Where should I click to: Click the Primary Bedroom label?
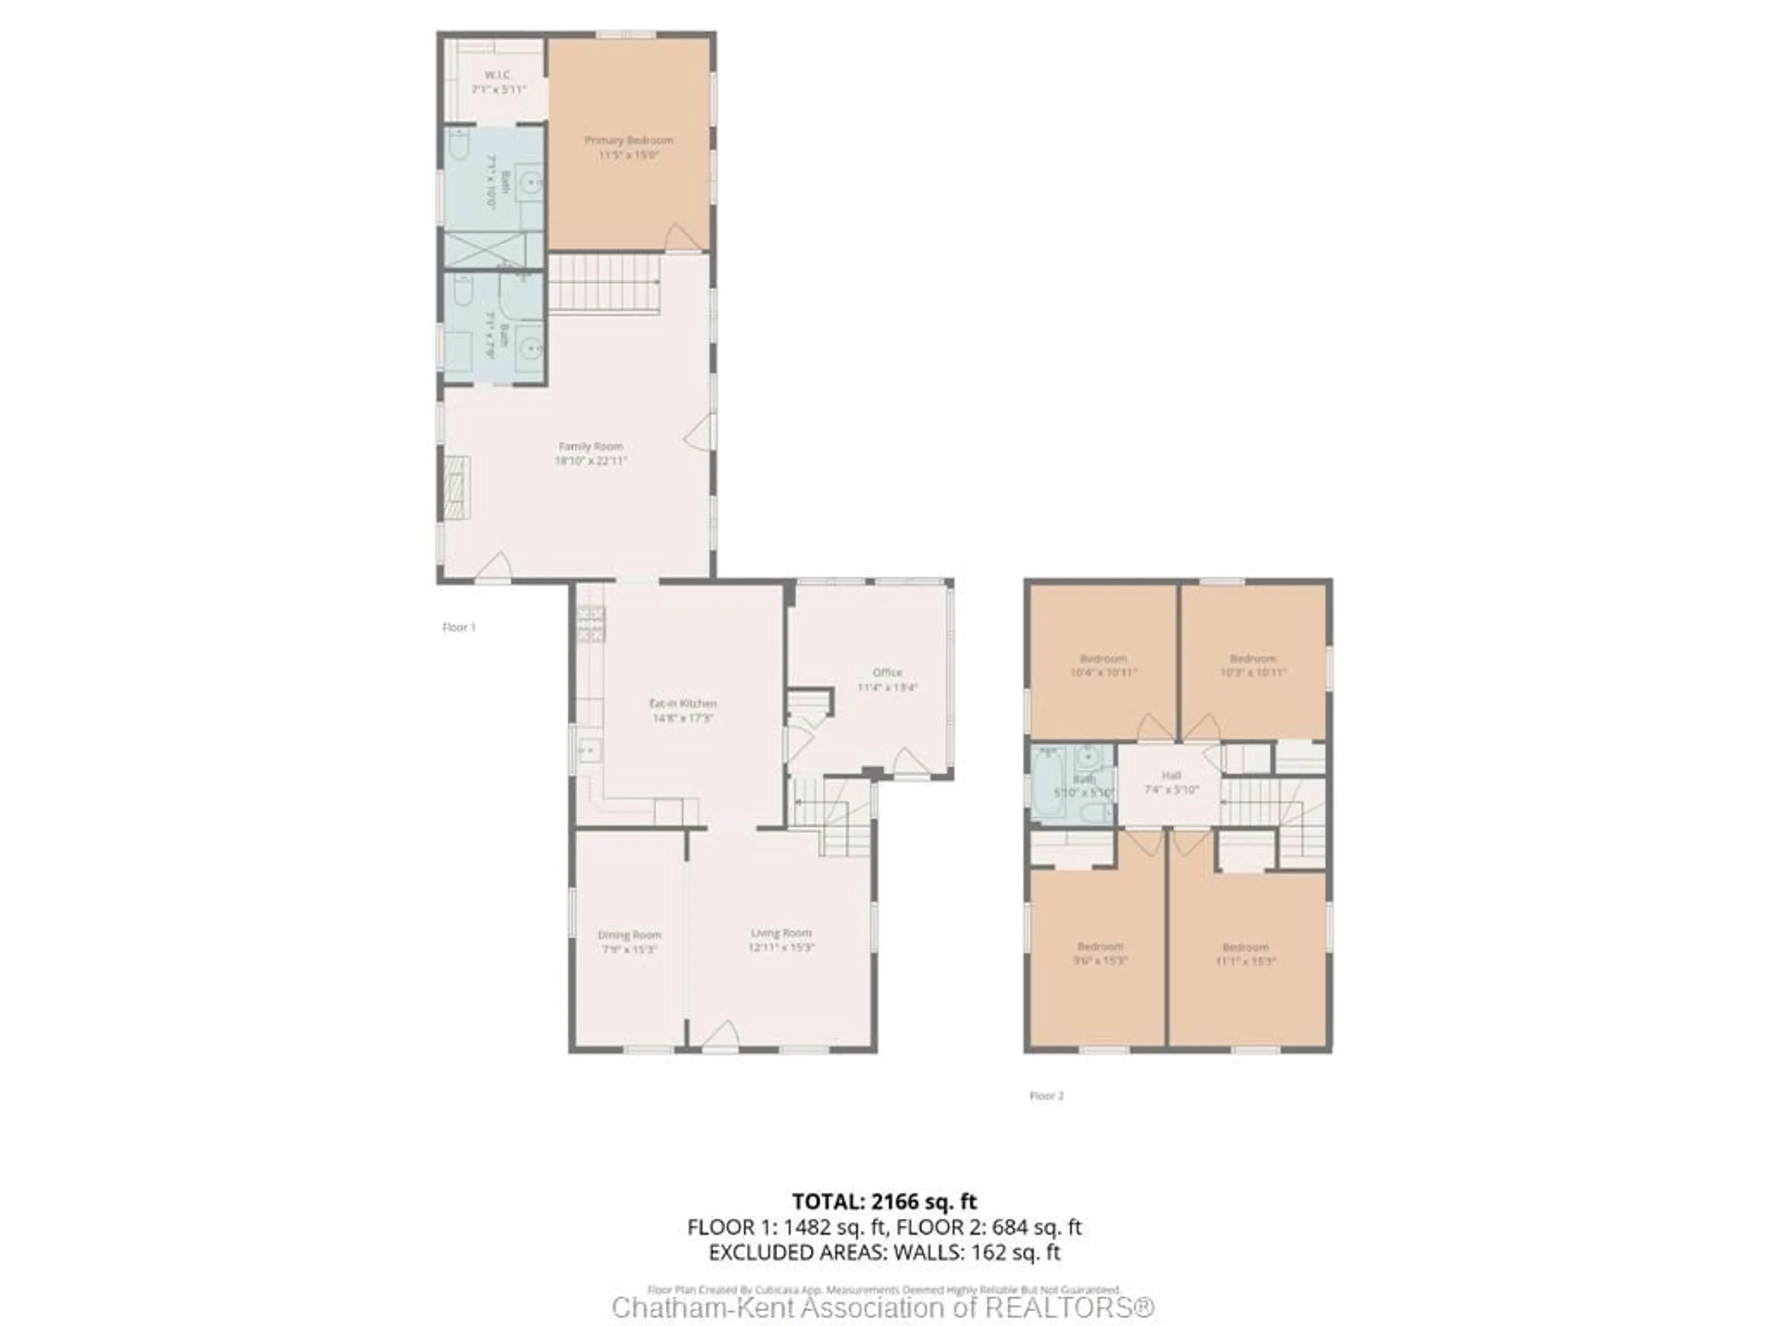[x=629, y=140]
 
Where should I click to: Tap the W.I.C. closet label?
[x=498, y=75]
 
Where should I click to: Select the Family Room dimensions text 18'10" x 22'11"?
[x=591, y=461]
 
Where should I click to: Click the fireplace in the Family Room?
[x=457, y=489]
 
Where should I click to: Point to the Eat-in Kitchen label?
[x=682, y=704]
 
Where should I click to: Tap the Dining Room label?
[x=629, y=934]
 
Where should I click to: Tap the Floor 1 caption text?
[x=458, y=628]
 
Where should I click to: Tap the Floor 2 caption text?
[x=1046, y=1096]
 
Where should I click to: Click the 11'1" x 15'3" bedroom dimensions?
[x=1245, y=961]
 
